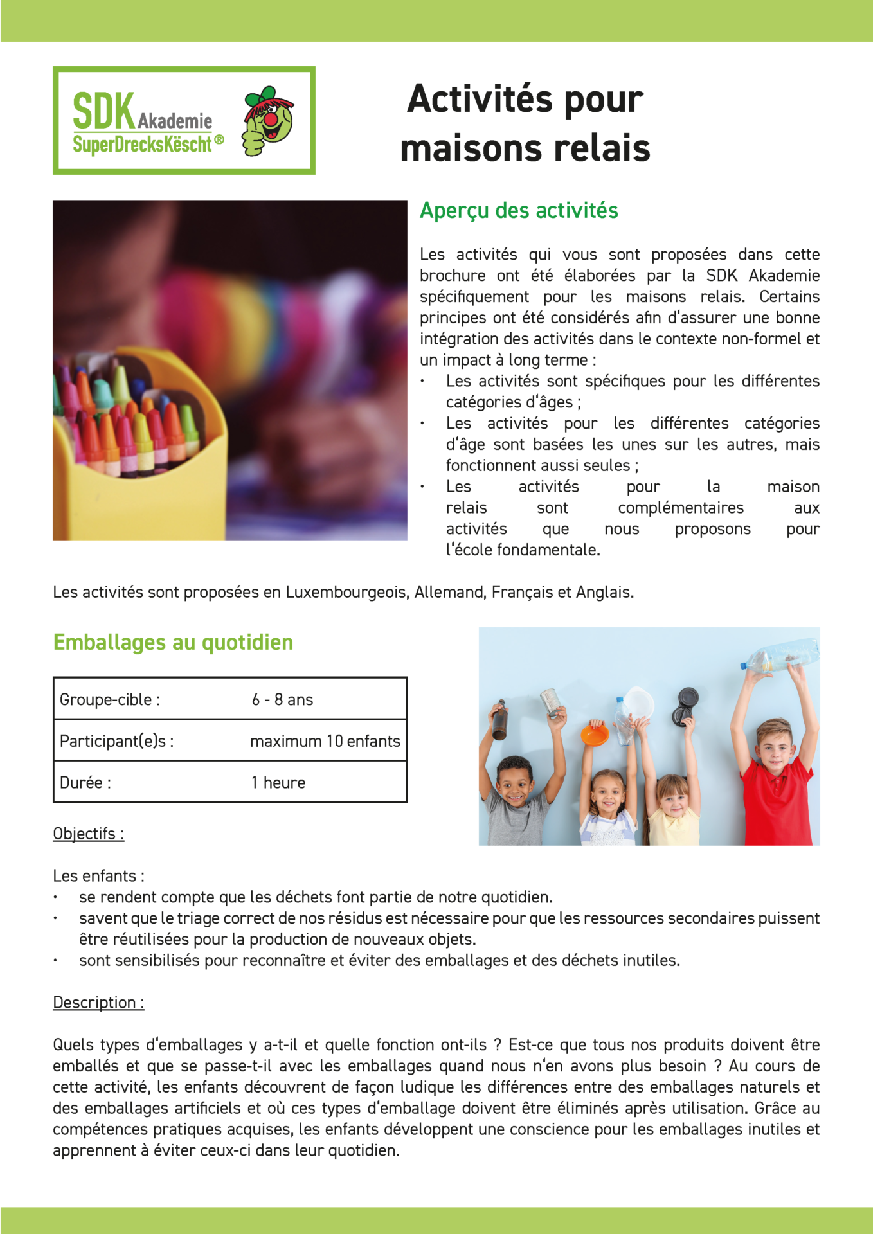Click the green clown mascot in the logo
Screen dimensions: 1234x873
(268, 121)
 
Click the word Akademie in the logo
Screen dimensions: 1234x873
(175, 121)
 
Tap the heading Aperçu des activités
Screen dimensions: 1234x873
(519, 211)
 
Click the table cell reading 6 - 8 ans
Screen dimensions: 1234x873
(282, 699)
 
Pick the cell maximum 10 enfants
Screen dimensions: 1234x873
(325, 741)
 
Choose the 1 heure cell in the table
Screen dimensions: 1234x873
(278, 783)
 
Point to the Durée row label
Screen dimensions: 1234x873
(85, 783)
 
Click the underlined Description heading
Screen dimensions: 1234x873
(98, 1003)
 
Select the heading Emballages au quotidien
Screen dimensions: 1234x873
(173, 642)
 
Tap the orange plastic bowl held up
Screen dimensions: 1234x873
(595, 733)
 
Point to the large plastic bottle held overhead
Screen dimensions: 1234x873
(780, 656)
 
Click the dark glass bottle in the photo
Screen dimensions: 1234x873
(500, 720)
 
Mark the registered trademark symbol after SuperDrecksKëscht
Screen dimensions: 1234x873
(219, 139)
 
